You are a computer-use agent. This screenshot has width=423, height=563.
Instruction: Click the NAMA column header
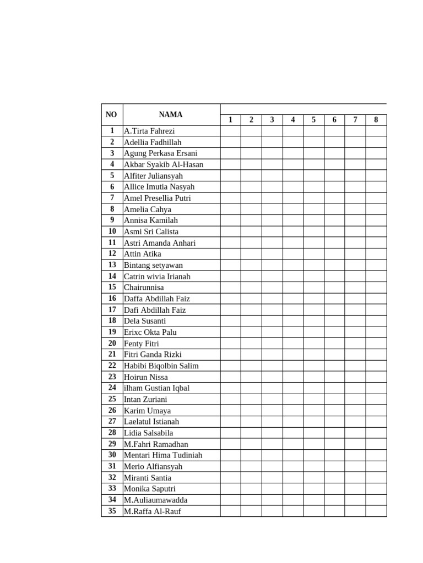pyautogui.click(x=171, y=115)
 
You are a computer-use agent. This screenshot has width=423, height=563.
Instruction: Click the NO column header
pyautogui.click(x=111, y=115)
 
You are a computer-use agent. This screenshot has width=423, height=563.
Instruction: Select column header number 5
pyautogui.click(x=313, y=120)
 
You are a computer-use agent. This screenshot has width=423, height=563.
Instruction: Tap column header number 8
pyautogui.click(x=376, y=120)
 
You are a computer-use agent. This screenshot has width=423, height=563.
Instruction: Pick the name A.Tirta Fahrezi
pyautogui.click(x=149, y=131)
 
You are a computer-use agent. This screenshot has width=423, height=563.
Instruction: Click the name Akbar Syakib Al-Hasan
pyautogui.click(x=164, y=164)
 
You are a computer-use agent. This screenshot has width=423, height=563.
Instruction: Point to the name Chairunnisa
pyautogui.click(x=144, y=288)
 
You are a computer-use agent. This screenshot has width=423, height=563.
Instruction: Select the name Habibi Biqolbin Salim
pyautogui.click(x=161, y=366)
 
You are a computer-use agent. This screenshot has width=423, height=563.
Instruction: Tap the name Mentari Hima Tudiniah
pyautogui.click(x=163, y=455)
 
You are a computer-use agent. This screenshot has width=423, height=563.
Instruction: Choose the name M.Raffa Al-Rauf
pyautogui.click(x=152, y=511)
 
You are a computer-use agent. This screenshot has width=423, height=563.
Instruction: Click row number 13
pyautogui.click(x=112, y=265)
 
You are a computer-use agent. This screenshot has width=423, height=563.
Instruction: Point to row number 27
pyautogui.click(x=112, y=422)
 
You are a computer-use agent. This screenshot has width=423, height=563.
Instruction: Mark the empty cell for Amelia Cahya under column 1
pyautogui.click(x=230, y=209)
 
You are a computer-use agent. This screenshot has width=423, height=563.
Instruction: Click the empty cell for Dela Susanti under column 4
pyautogui.click(x=293, y=321)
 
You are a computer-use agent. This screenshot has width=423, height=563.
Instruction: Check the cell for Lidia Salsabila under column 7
pyautogui.click(x=355, y=433)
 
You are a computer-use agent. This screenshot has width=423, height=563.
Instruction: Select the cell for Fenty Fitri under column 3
pyautogui.click(x=272, y=344)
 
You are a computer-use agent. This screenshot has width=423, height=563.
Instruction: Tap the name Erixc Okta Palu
pyautogui.click(x=150, y=332)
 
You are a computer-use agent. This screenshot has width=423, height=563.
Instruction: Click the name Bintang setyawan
pyautogui.click(x=153, y=265)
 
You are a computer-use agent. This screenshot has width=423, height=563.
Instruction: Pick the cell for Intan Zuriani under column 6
pyautogui.click(x=334, y=399)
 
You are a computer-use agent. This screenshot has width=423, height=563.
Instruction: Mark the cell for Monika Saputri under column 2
pyautogui.click(x=251, y=489)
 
